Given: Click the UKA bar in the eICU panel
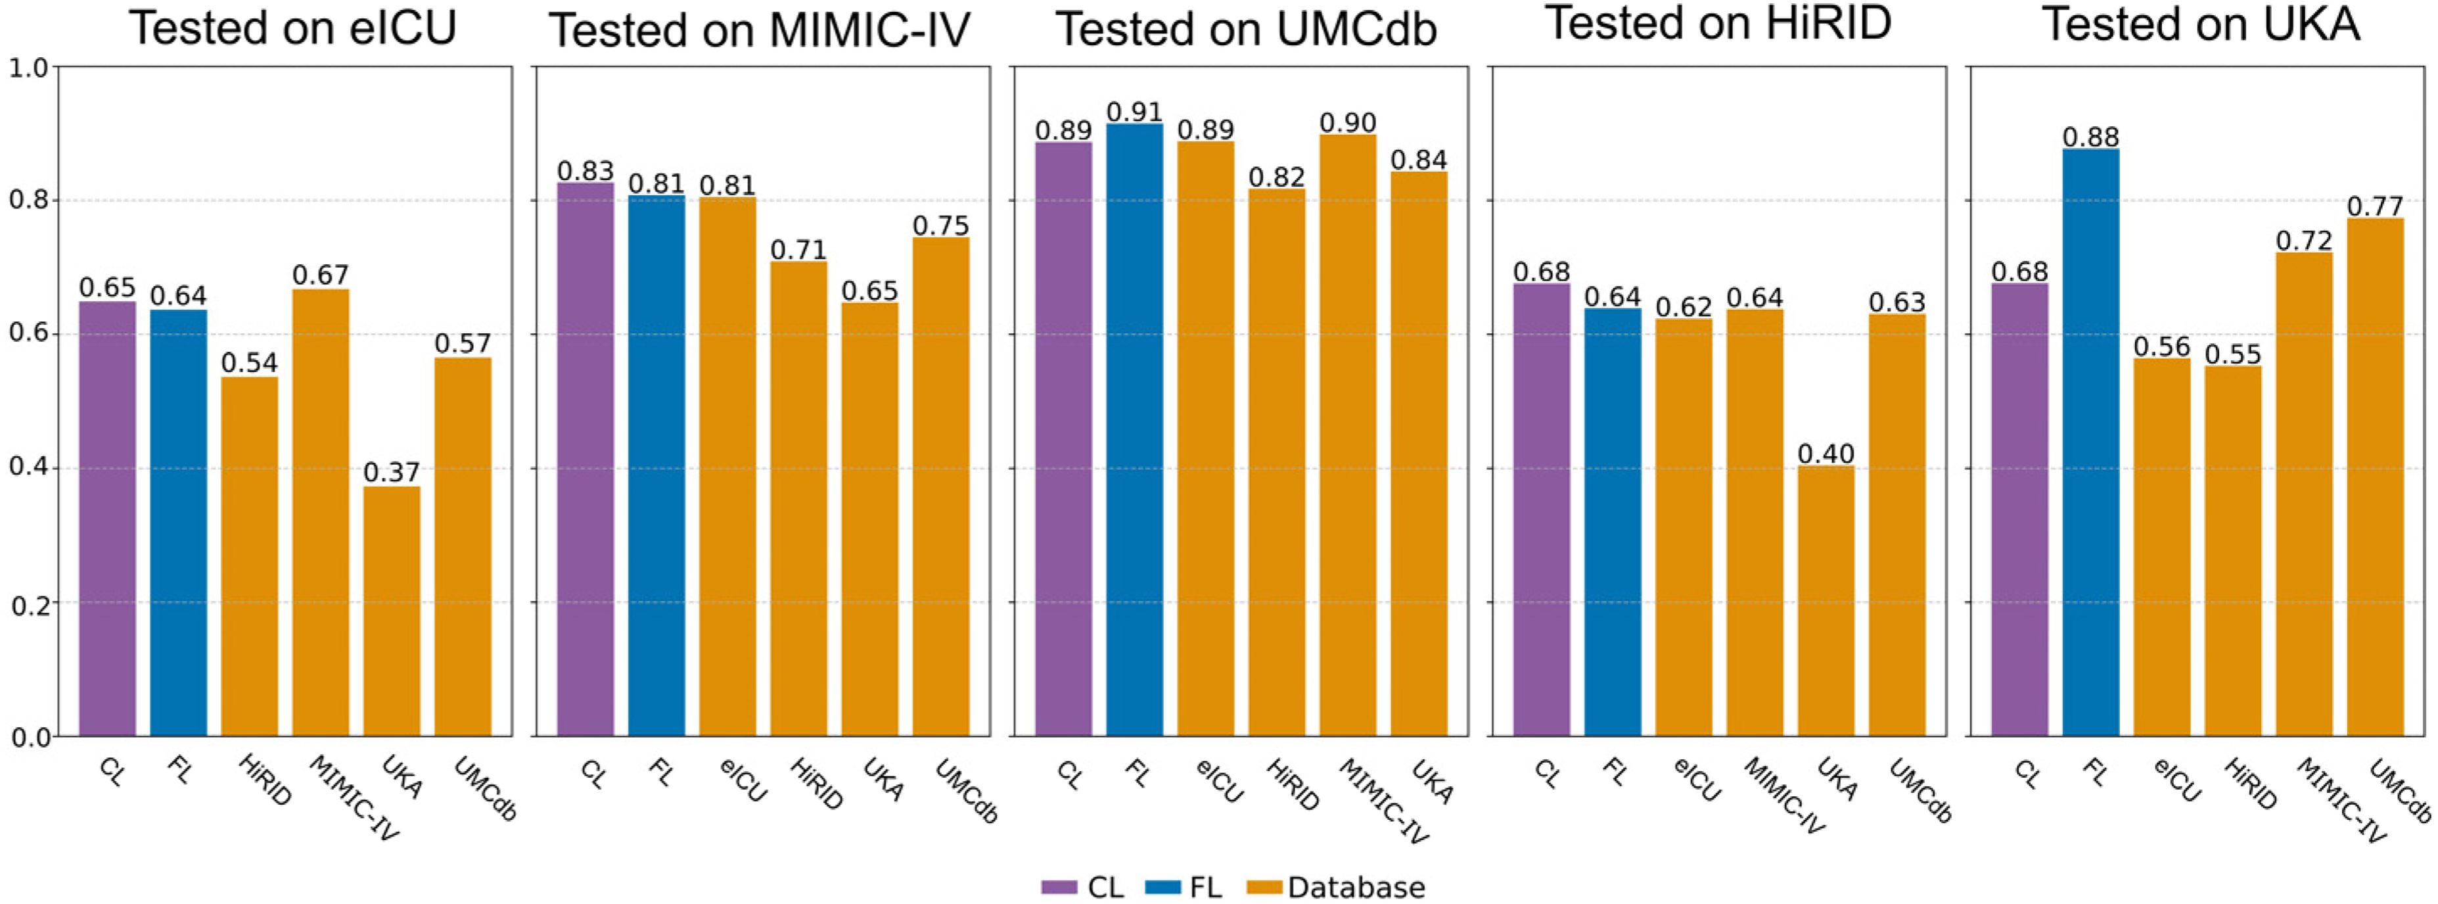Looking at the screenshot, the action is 391,611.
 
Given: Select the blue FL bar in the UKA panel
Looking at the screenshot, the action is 2090,442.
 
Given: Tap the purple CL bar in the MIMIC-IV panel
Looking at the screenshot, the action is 585,459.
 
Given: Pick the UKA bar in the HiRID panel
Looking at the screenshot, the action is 1826,601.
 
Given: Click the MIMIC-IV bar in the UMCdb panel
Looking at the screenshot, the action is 1348,435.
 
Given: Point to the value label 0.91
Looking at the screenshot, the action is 1135,112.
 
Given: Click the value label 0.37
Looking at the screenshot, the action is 391,472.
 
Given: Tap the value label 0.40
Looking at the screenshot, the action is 1826,454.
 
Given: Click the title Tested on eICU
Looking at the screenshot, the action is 292,28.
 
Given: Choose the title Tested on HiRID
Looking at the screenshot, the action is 1718,24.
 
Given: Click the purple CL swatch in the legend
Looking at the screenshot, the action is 1059,887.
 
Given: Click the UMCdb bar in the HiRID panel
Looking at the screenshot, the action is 1897,525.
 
